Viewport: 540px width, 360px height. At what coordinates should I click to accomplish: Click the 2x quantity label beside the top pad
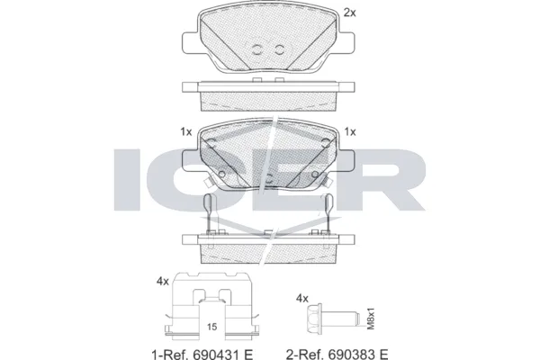[x=350, y=13]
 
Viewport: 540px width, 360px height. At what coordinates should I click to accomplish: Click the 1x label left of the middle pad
[x=186, y=132]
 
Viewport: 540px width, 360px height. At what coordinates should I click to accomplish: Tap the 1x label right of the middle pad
[x=350, y=132]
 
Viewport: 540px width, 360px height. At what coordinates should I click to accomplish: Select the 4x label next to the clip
[x=163, y=282]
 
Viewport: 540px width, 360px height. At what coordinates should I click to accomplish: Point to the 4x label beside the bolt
[x=302, y=298]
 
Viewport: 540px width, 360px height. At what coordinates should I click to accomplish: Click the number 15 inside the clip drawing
[x=212, y=327]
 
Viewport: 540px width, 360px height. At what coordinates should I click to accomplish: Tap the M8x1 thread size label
[x=371, y=319]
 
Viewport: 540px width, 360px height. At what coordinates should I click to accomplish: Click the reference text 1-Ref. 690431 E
[x=202, y=354]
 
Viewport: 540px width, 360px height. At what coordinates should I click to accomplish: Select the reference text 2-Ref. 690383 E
[x=337, y=354]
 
